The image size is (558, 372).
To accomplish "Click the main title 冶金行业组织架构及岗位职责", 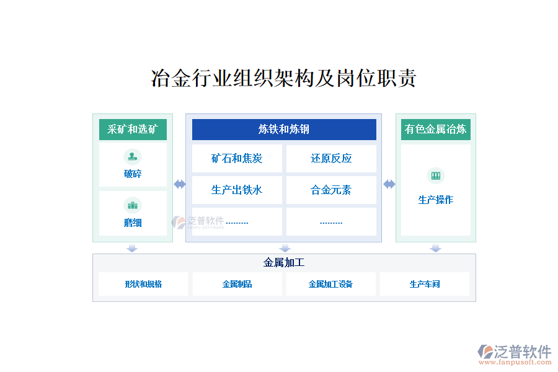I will tap(283, 79).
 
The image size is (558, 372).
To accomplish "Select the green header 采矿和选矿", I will tap(133, 130).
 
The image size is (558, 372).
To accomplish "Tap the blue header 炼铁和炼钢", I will tap(284, 130).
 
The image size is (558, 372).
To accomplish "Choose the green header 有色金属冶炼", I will tap(435, 130).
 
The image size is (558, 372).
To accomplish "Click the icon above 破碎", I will tap(133, 156).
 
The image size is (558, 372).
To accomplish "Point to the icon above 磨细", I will tap(133, 205).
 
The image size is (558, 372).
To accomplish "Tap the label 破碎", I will tap(133, 174).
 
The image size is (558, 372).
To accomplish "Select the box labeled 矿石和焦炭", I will tap(237, 159).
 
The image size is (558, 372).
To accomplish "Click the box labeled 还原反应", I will tap(331, 159).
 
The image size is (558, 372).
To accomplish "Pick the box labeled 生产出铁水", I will tap(237, 190).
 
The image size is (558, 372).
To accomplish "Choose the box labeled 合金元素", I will tap(331, 190).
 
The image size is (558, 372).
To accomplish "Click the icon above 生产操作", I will tap(435, 176).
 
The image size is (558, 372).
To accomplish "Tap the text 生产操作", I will tap(435, 200).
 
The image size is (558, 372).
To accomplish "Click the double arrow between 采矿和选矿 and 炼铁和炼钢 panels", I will tap(179, 184).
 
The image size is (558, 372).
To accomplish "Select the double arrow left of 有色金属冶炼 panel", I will tap(389, 184).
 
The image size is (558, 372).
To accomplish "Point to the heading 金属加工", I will tap(284, 262).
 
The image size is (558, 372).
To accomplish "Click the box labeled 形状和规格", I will tap(143, 284).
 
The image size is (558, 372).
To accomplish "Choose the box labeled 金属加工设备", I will tap(330, 284).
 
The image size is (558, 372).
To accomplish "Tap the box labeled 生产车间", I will tap(425, 284).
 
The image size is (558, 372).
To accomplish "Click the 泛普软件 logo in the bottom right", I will tap(515, 352).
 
